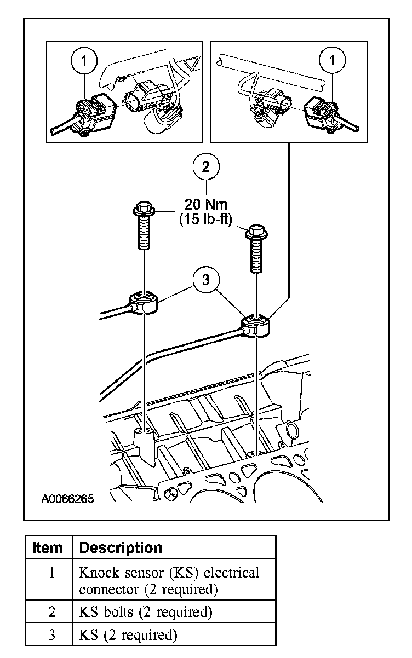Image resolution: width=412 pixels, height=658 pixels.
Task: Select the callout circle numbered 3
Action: click(x=206, y=280)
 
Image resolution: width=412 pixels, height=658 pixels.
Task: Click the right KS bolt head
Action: click(x=255, y=230)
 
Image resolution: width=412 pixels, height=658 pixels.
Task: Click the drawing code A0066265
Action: click(x=67, y=499)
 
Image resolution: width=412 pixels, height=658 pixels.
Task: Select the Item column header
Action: click(x=48, y=547)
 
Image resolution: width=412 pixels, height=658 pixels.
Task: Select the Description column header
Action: click(x=121, y=547)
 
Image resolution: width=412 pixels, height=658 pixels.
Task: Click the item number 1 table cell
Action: click(x=51, y=573)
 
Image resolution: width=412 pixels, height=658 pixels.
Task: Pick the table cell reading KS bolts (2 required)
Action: click(x=145, y=611)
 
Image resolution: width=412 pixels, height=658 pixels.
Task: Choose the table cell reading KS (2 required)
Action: click(x=128, y=635)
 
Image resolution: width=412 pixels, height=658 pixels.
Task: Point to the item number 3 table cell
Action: click(x=51, y=635)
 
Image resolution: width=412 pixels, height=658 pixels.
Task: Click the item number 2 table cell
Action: click(x=51, y=611)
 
